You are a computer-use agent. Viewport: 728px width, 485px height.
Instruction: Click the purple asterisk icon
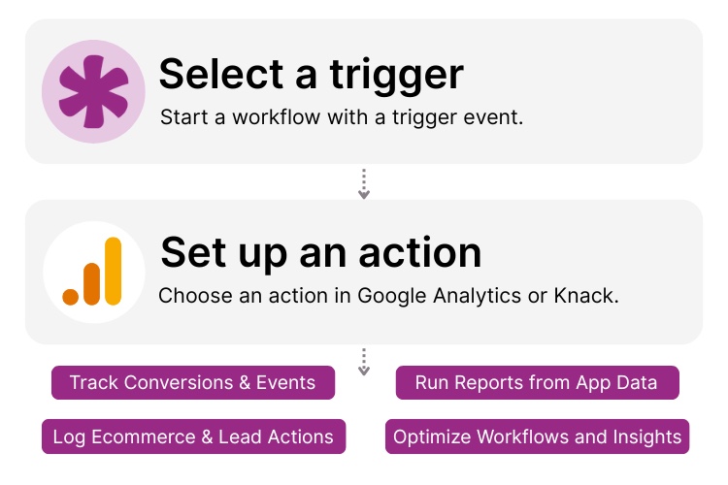[93, 91]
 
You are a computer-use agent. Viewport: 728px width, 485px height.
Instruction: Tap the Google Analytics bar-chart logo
[93, 272]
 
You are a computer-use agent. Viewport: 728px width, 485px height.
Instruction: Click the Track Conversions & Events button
[192, 382]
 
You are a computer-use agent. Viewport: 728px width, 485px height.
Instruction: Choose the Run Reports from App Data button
[536, 382]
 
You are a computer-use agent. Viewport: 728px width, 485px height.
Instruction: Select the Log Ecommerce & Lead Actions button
[192, 436]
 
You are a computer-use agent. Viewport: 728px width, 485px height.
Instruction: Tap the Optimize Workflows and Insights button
[537, 436]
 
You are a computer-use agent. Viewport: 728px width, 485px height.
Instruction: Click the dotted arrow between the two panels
[364, 184]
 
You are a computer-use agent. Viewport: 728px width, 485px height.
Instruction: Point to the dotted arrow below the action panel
[364, 362]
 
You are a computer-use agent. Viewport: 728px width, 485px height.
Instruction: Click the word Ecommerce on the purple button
[132, 436]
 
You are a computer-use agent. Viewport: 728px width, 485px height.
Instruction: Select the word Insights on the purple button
[648, 436]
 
